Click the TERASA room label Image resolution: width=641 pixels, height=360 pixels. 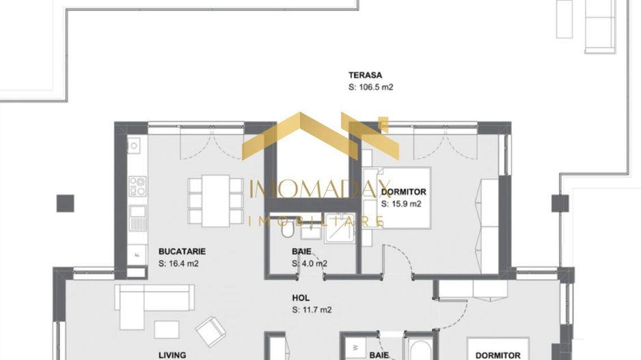pyautogui.click(x=365, y=75)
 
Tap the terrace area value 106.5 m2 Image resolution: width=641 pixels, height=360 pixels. pyautogui.click(x=371, y=87)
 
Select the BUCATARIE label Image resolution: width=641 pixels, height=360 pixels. pyautogui.click(x=182, y=251)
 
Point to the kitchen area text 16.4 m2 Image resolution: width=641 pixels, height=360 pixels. pyautogui.click(x=178, y=263)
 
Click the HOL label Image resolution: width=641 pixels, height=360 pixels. pyautogui.click(x=301, y=298)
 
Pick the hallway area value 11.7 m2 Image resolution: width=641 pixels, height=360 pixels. pyautogui.click(x=312, y=309)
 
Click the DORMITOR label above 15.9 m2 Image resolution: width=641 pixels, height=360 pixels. pyautogui.click(x=404, y=192)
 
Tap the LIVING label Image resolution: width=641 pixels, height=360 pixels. pyautogui.click(x=172, y=355)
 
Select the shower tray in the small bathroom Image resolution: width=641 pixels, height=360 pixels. pyautogui.click(x=339, y=230)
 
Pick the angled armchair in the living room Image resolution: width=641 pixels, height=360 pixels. pyautogui.click(x=212, y=331)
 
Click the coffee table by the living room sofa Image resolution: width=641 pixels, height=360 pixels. pyautogui.click(x=167, y=329)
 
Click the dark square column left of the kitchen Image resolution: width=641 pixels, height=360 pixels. pyautogui.click(x=65, y=202)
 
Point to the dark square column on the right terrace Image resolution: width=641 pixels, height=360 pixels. pyautogui.click(x=560, y=203)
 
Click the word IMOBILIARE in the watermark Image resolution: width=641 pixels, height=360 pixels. pyautogui.click(x=316, y=221)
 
